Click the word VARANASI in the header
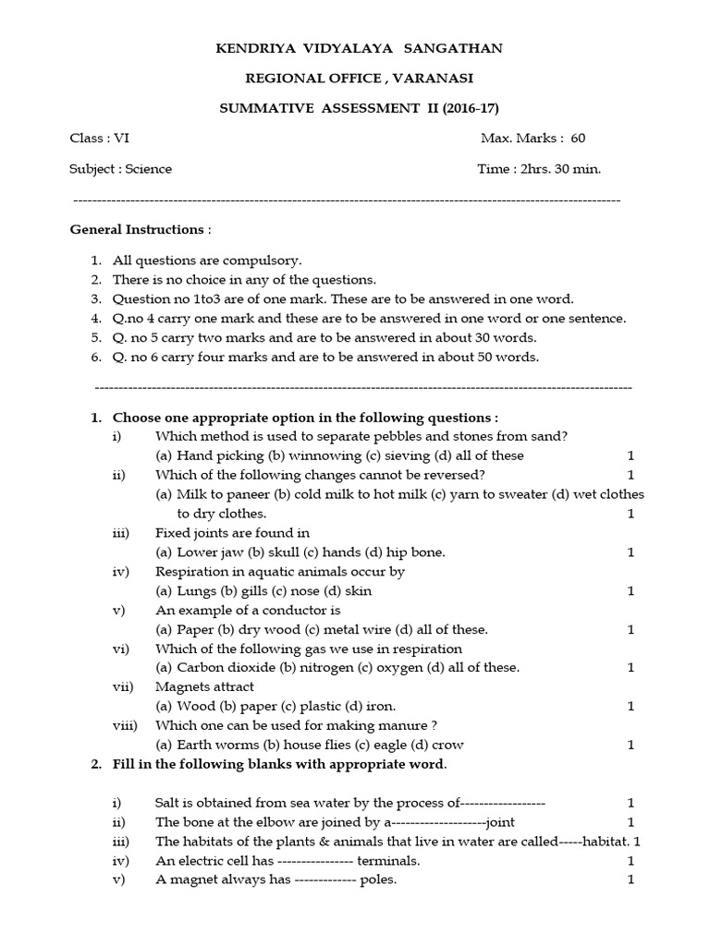click(x=422, y=79)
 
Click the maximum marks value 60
click(x=578, y=139)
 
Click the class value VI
click(x=121, y=139)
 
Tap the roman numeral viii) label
click(x=125, y=725)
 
